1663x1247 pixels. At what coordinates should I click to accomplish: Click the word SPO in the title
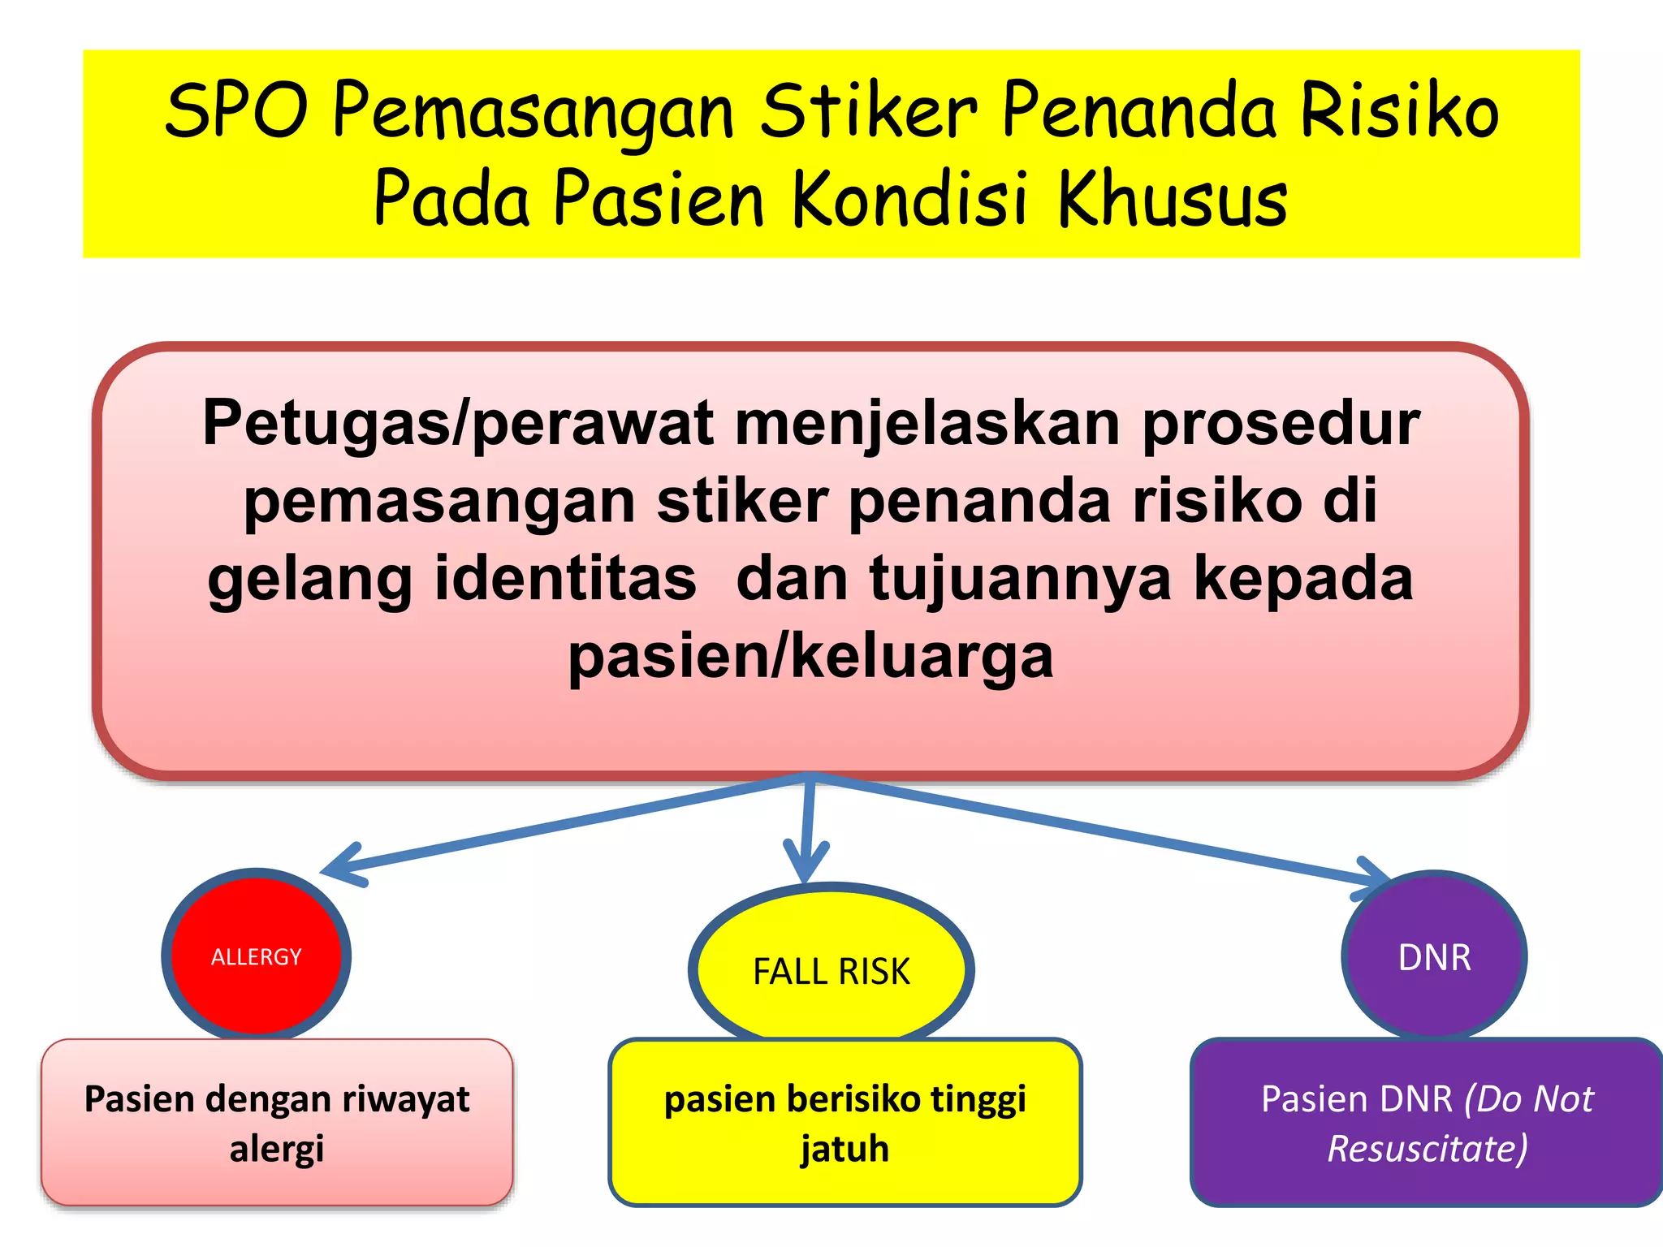(236, 110)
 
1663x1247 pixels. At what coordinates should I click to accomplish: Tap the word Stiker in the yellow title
(868, 110)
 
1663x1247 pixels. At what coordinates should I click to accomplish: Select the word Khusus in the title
(1173, 199)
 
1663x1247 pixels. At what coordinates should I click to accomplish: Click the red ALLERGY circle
(257, 956)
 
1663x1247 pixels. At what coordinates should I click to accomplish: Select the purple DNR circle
(1434, 957)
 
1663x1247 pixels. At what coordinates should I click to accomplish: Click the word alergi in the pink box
(276, 1149)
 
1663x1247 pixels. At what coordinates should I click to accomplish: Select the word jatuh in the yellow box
(844, 1149)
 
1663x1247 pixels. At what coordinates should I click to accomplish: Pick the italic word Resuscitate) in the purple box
(1428, 1149)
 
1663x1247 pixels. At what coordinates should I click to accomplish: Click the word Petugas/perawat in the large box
(458, 424)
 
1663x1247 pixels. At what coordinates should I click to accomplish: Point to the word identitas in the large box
(565, 578)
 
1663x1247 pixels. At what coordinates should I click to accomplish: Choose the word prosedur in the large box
(1281, 424)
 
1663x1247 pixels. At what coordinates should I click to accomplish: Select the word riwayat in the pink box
(405, 1099)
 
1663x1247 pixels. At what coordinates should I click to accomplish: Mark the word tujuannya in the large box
(1020, 578)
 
